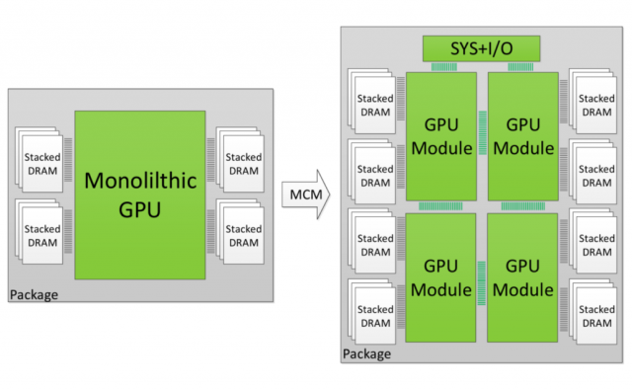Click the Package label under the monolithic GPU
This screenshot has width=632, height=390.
point(34,294)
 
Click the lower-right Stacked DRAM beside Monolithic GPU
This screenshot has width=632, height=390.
point(243,235)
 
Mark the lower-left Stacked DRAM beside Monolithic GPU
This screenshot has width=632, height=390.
point(42,235)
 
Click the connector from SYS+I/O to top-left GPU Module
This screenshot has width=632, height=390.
point(440,66)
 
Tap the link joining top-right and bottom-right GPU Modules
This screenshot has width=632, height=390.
point(523,205)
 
